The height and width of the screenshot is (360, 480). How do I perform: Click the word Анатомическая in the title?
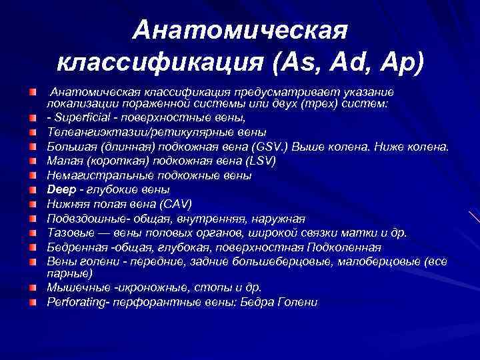(240, 29)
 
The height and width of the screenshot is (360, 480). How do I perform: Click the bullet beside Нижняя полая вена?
(33, 204)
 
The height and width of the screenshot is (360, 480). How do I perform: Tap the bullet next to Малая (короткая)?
(33, 161)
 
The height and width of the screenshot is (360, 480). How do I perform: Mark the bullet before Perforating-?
(33, 302)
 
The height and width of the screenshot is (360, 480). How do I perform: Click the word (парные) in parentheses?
(70, 273)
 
